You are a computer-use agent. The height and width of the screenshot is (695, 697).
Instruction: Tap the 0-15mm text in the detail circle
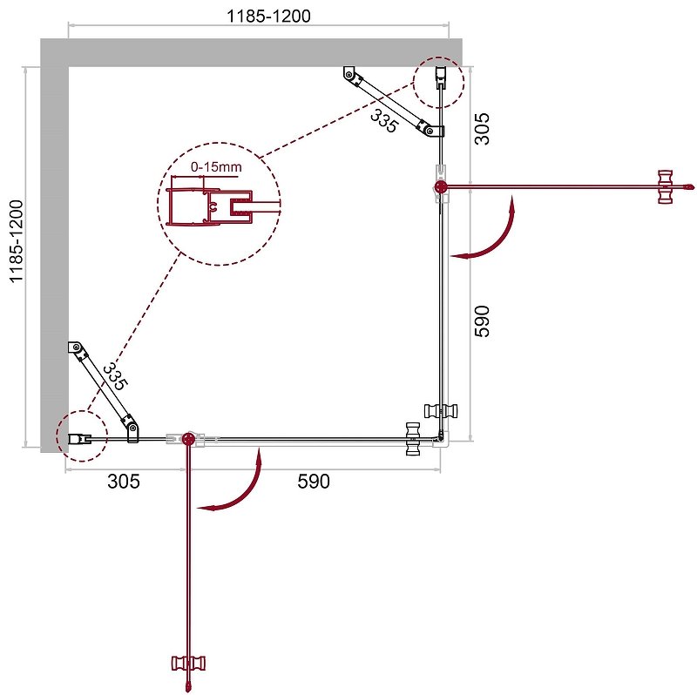pyautogui.click(x=217, y=165)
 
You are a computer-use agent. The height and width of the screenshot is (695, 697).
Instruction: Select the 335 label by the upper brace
pyautogui.click(x=383, y=120)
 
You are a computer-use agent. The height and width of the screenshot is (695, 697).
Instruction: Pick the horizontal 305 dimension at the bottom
pyautogui.click(x=123, y=482)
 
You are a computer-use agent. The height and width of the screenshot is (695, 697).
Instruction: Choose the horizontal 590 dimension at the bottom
pyautogui.click(x=314, y=482)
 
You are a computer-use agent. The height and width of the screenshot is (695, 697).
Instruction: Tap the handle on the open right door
pyautogui.click(x=667, y=186)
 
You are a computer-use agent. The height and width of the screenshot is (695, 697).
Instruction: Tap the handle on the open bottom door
pyautogui.click(x=186, y=664)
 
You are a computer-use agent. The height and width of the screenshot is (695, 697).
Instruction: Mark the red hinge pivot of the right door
pyautogui.click(x=441, y=186)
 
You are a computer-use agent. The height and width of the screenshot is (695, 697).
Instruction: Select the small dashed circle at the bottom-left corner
pyautogui.click(x=81, y=435)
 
